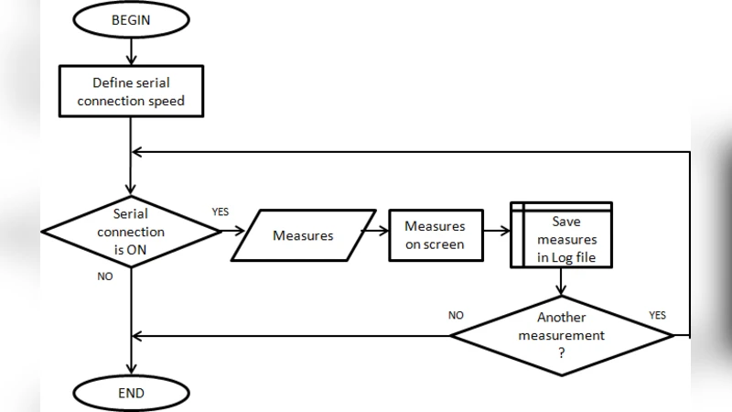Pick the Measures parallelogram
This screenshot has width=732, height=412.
(x=303, y=235)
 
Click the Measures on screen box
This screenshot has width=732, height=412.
(x=435, y=235)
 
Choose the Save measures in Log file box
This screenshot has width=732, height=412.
(x=560, y=235)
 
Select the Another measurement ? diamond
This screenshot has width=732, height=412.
(x=561, y=335)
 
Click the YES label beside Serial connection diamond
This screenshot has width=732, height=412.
(x=221, y=211)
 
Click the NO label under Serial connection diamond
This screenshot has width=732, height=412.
(x=105, y=276)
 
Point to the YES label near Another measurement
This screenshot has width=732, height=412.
(x=657, y=315)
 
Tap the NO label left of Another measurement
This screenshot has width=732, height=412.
(x=456, y=315)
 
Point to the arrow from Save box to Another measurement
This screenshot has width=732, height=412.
(x=561, y=281)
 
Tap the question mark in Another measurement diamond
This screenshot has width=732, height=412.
(x=561, y=352)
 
